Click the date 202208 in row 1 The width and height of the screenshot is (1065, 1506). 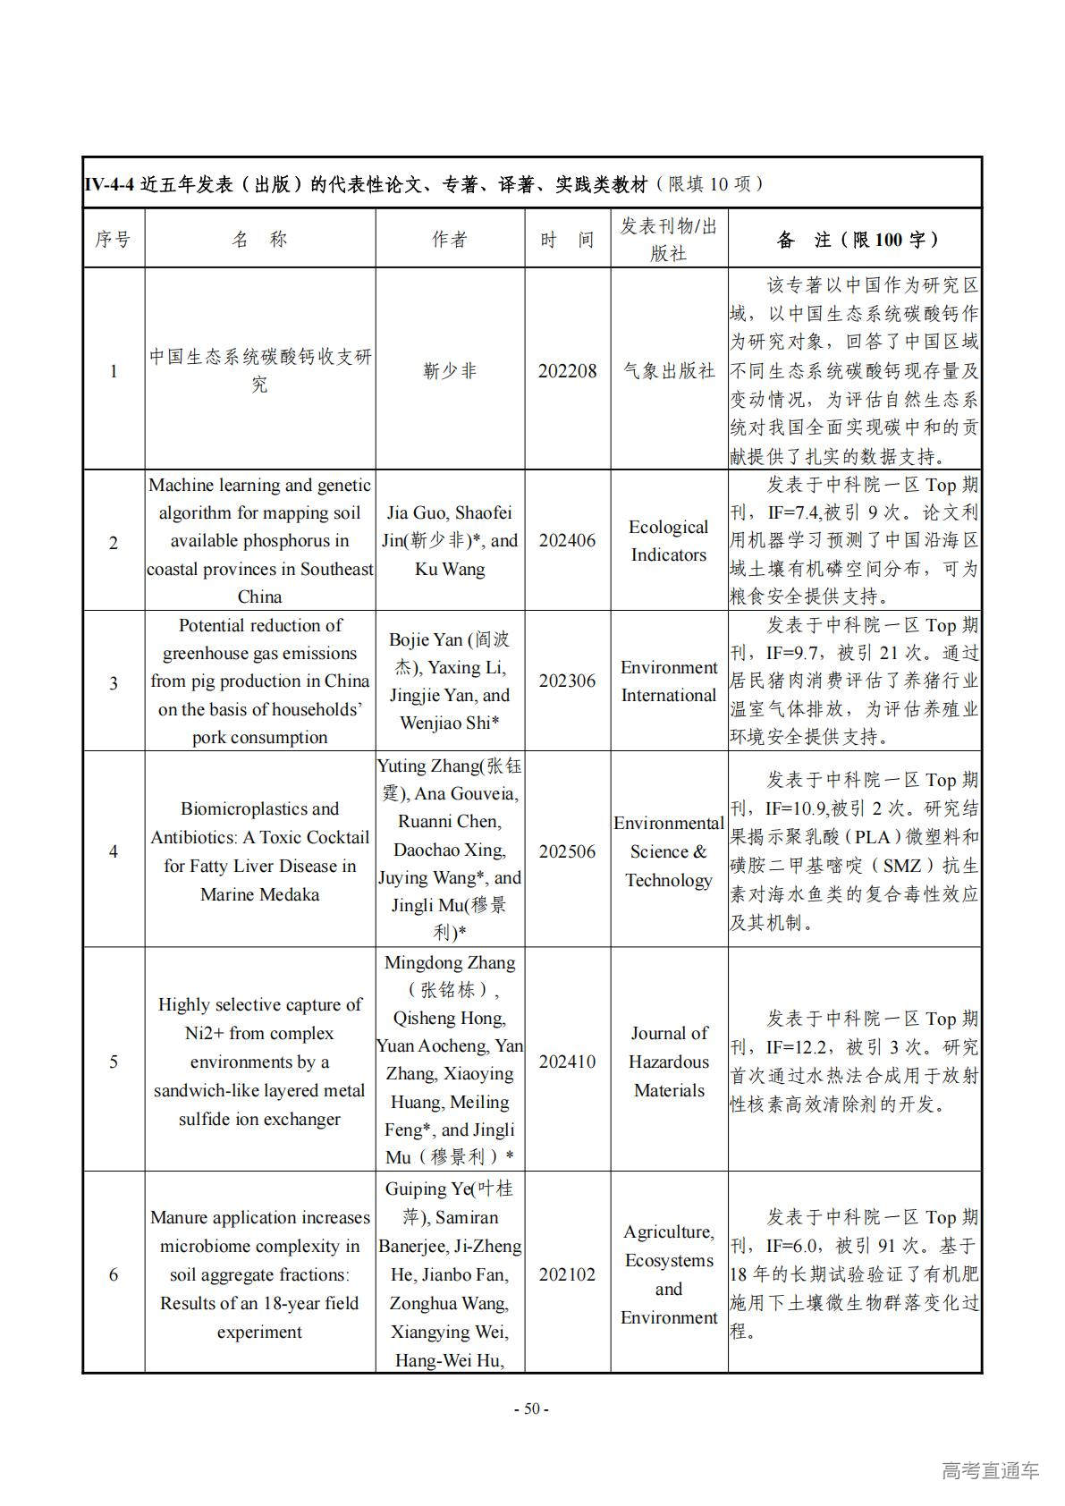coord(567,370)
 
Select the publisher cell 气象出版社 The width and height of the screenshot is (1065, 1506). coord(669,370)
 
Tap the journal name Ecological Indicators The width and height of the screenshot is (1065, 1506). coord(669,540)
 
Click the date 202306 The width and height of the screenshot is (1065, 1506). coord(567,681)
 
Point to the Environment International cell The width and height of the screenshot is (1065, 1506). coord(669,681)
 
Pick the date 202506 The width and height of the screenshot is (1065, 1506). coord(567,850)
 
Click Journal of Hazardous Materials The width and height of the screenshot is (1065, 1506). coord(669,1062)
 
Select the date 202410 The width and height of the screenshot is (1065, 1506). coord(567,1062)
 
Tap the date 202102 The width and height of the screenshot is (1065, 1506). coord(567,1273)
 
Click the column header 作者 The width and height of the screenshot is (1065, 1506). coord(449,240)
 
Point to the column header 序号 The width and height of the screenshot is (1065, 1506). coord(114,240)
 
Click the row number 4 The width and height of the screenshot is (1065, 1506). coord(114,850)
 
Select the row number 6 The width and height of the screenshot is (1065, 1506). coord(114,1273)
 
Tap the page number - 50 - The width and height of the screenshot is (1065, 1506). coord(531,1409)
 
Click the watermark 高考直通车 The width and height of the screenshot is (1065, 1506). coord(990,1470)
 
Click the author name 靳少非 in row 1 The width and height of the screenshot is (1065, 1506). coord(449,370)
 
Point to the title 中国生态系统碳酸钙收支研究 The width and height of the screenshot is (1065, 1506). coord(259,370)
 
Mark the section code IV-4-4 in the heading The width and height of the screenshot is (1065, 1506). coord(109,184)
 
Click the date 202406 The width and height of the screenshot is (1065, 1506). coord(567,540)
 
